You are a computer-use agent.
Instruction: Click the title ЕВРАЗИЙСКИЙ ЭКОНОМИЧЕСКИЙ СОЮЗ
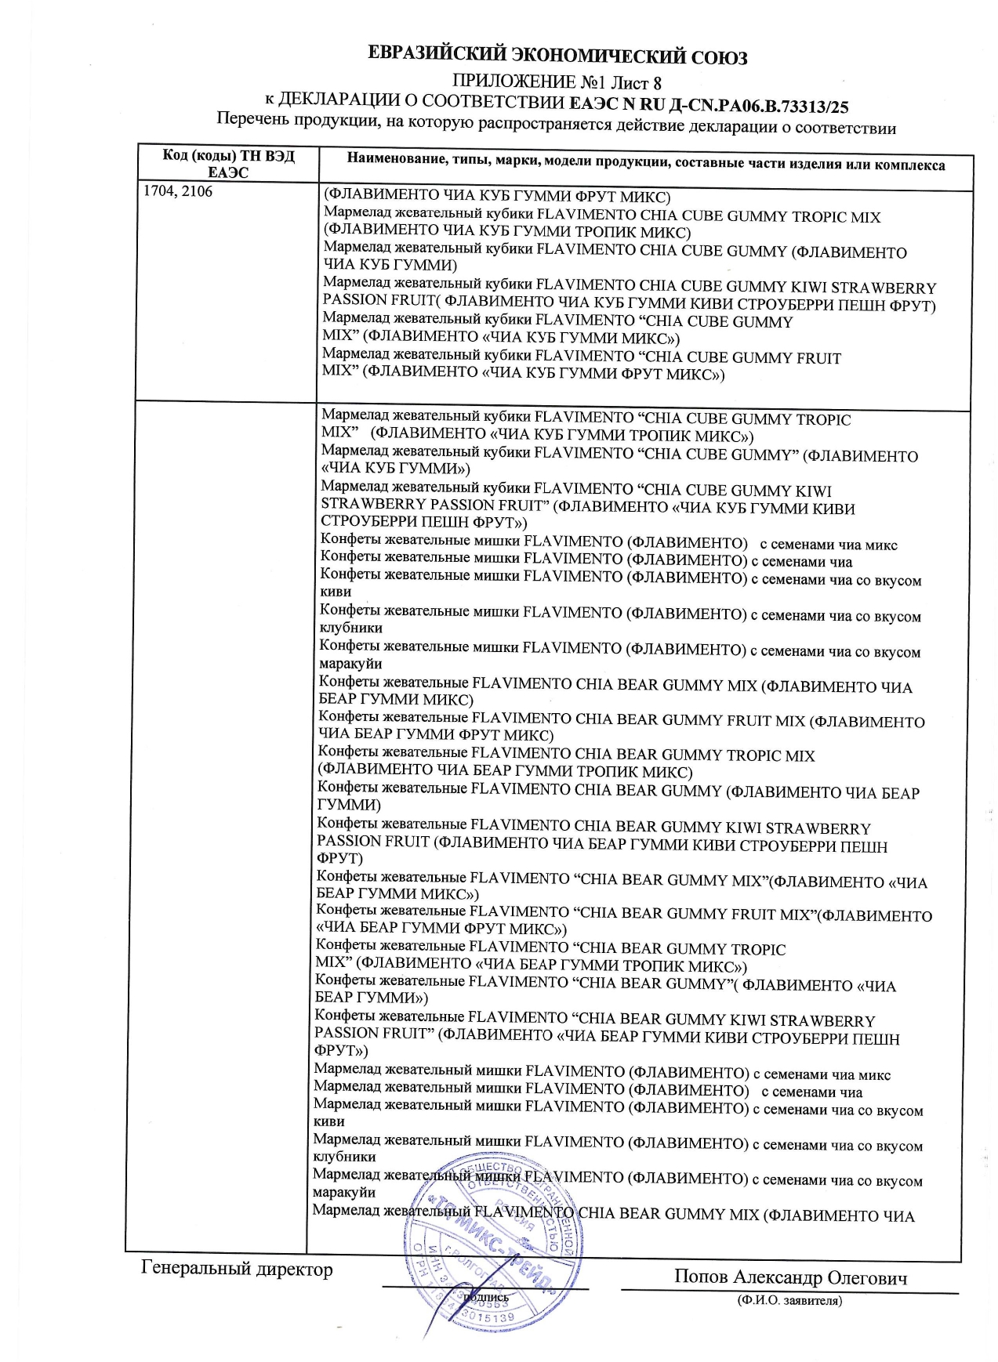tap(557, 56)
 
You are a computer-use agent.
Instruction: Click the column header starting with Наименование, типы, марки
tap(645, 165)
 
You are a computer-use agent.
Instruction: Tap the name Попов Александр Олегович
tap(789, 1278)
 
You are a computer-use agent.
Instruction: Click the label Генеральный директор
tap(237, 1269)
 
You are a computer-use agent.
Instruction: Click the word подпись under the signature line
tap(486, 1297)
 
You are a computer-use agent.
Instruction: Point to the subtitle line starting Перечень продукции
tap(556, 124)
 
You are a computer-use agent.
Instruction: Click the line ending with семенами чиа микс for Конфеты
tap(608, 544)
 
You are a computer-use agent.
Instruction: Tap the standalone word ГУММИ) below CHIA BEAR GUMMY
tap(349, 805)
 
